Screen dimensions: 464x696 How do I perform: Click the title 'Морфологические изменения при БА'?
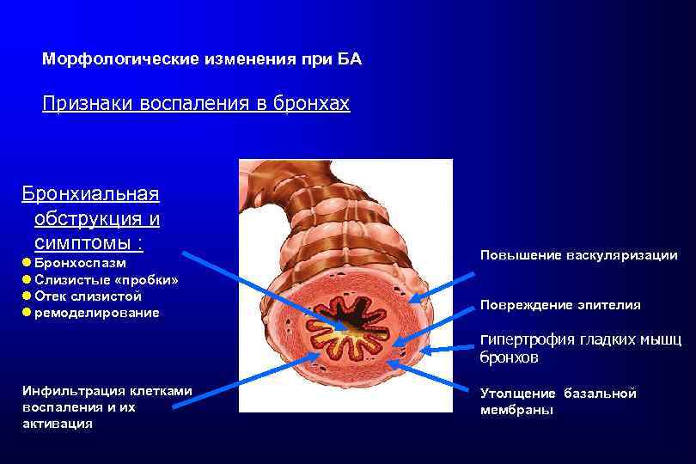202,60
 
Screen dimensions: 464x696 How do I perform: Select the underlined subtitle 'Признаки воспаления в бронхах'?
197,105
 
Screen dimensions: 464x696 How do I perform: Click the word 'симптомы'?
83,243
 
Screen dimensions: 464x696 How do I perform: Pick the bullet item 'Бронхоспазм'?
80,263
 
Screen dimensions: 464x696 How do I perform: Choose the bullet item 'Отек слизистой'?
88,296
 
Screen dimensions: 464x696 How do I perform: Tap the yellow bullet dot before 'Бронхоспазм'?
27,263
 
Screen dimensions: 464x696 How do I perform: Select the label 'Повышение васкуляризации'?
578,255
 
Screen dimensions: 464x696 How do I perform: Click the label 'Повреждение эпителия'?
560,305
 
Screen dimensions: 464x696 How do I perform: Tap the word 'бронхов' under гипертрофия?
509,357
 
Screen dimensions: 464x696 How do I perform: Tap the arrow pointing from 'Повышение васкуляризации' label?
442,286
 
